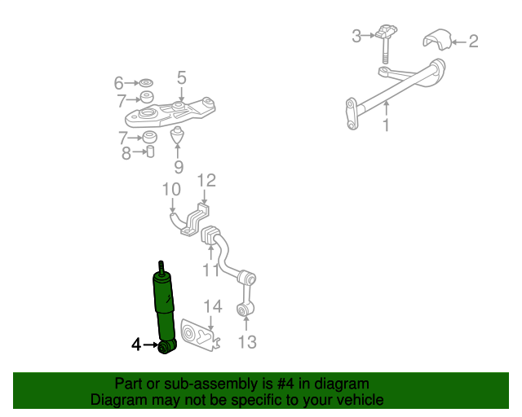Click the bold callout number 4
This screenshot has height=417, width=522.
136,345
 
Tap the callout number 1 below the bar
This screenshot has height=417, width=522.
386,125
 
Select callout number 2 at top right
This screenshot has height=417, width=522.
473,42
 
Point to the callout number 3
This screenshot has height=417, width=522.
356,37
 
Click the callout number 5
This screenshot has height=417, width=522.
181,78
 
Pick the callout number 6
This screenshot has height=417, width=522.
119,83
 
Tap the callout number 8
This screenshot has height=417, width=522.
126,153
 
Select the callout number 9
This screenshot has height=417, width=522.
179,167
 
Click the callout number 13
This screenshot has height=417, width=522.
247,342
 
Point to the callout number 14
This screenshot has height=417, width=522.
213,306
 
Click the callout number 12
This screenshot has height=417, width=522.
206,181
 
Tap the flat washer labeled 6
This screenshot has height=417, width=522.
146,82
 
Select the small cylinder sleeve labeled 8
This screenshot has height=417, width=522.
150,151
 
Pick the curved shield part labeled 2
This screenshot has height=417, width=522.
436,40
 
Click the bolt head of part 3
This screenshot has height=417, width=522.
386,31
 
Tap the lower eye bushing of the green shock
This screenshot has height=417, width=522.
166,347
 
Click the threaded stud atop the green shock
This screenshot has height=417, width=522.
161,268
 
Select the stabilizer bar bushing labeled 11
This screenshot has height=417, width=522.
209,235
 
